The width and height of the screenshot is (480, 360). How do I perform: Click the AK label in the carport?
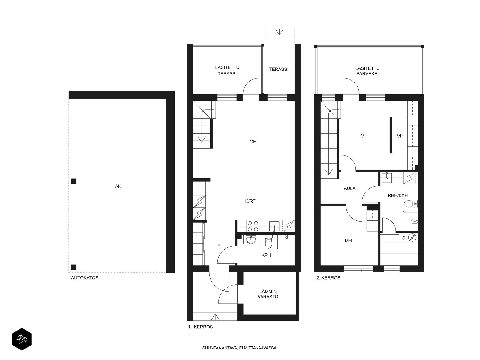(x=118, y=186)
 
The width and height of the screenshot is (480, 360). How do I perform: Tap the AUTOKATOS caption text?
(x=85, y=278)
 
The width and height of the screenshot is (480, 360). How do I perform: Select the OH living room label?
(x=253, y=142)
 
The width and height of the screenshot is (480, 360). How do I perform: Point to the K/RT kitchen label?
(x=250, y=201)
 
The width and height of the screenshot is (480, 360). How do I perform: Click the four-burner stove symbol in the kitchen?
(x=253, y=226)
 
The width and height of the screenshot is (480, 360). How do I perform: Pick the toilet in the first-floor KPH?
(x=268, y=242)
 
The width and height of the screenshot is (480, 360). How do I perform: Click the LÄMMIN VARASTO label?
(x=268, y=294)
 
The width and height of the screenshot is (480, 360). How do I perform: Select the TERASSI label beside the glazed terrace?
(x=279, y=70)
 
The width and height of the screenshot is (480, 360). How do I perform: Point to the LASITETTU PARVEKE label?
(x=367, y=71)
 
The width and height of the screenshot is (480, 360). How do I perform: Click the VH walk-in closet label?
(x=400, y=136)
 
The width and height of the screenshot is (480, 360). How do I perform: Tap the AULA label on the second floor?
(x=350, y=188)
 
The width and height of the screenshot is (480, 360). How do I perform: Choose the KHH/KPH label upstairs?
(x=398, y=196)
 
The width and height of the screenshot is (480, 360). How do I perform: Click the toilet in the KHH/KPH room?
(x=411, y=204)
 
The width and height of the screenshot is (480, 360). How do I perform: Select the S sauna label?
(x=404, y=238)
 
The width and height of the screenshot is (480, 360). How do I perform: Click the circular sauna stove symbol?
(x=412, y=238)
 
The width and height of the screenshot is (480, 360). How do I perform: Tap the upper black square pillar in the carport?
(x=74, y=181)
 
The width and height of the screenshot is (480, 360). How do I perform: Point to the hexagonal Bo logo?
(x=22, y=339)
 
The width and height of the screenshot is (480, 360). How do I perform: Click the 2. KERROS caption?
(x=328, y=278)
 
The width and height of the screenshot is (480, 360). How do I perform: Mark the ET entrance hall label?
(x=220, y=244)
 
